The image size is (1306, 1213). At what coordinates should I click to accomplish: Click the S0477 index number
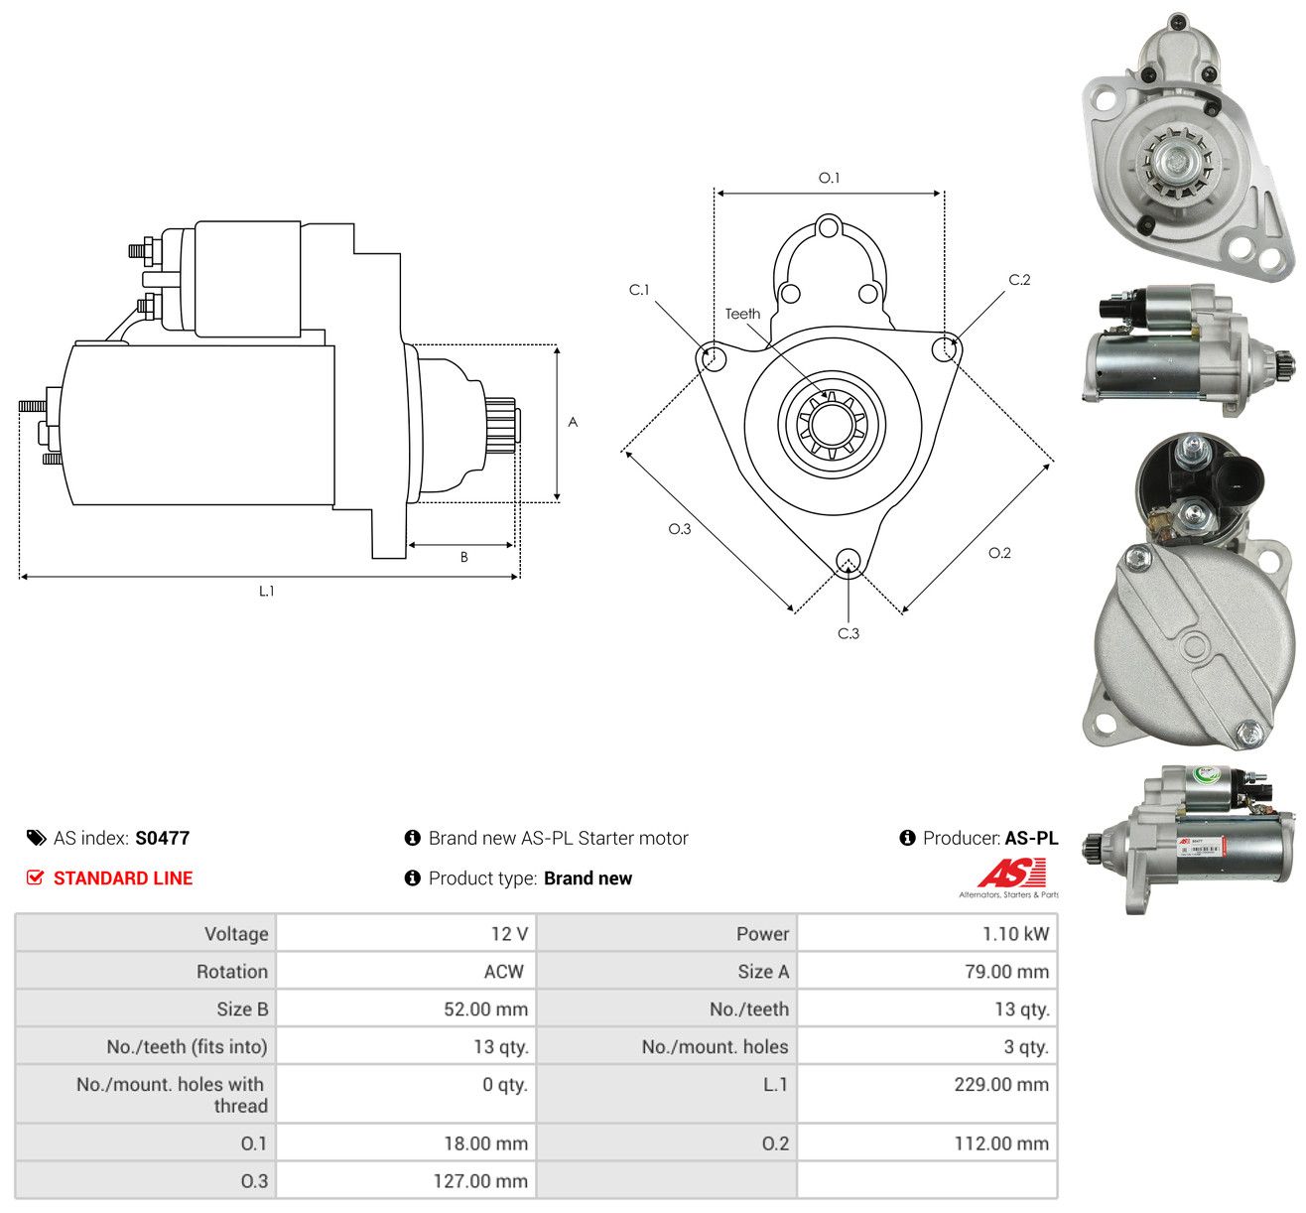pos(163,838)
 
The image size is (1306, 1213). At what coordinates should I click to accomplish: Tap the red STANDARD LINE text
pos(123,878)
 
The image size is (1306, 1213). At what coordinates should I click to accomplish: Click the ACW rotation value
pos(504,972)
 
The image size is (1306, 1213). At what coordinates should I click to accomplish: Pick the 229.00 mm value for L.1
pos(1001,1085)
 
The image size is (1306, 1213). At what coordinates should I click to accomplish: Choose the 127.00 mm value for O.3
pos(480,1181)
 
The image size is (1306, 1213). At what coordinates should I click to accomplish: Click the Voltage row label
pos(236,934)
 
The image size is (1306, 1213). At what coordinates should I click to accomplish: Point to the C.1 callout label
pos(638,290)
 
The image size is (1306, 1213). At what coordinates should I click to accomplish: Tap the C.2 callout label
pos(1019,280)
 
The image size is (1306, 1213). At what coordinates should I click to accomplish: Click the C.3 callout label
pos(849,633)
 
